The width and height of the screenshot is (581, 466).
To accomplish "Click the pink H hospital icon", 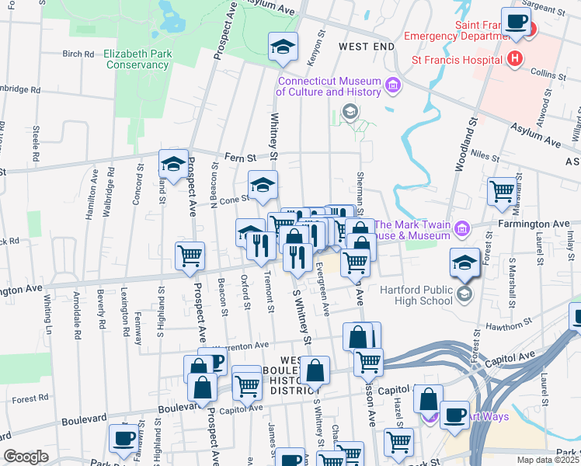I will [513, 58].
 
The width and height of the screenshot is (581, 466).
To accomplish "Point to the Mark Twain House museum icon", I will [462, 228].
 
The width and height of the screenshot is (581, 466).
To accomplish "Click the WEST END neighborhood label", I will [367, 47].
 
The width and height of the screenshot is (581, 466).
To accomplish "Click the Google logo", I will [26, 457].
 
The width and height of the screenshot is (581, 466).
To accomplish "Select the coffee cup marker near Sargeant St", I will [516, 22].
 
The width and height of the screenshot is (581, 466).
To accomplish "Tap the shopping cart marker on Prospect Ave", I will [190, 255].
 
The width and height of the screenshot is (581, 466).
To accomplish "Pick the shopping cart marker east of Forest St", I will [503, 190].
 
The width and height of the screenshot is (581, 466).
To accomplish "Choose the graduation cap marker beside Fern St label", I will [174, 162].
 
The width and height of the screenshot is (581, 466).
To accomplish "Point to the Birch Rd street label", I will [78, 54].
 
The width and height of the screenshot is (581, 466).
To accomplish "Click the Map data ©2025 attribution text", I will [548, 460].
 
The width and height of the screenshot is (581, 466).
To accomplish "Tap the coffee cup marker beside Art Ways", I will [454, 414].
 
